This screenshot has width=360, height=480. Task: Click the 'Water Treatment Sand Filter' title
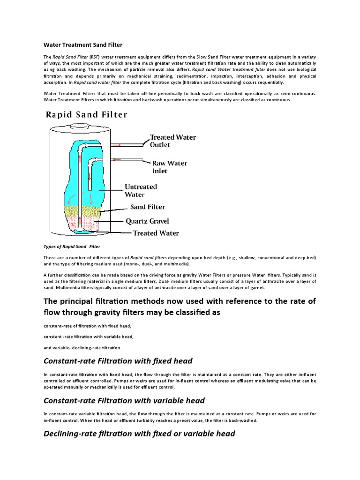83,45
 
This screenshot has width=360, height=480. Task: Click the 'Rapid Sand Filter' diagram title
86,115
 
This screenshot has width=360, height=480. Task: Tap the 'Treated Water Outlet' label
172,141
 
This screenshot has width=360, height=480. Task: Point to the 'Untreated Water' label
141,190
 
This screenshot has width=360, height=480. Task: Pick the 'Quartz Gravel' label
147,221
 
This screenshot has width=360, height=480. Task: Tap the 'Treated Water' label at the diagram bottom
156,232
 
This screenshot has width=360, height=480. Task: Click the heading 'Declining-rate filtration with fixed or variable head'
139,434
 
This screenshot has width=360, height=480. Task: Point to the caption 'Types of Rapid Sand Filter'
72,246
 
